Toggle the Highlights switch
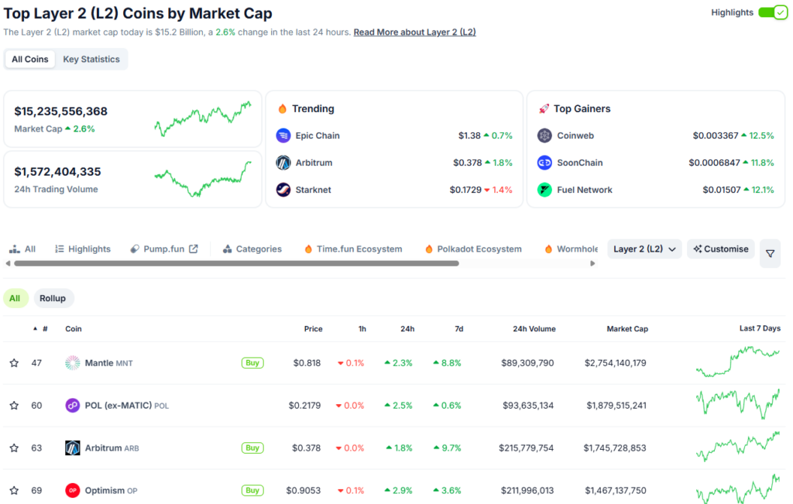772,12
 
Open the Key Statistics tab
91,59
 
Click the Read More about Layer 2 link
414,33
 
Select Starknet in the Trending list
312,190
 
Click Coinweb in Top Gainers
575,135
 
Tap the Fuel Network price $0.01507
721,190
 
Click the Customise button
721,249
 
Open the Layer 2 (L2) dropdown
644,249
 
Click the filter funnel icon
770,253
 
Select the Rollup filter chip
53,298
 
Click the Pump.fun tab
164,249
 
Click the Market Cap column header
627,329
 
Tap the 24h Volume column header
534,329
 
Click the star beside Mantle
14,363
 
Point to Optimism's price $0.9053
303,490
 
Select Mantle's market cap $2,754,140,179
615,363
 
